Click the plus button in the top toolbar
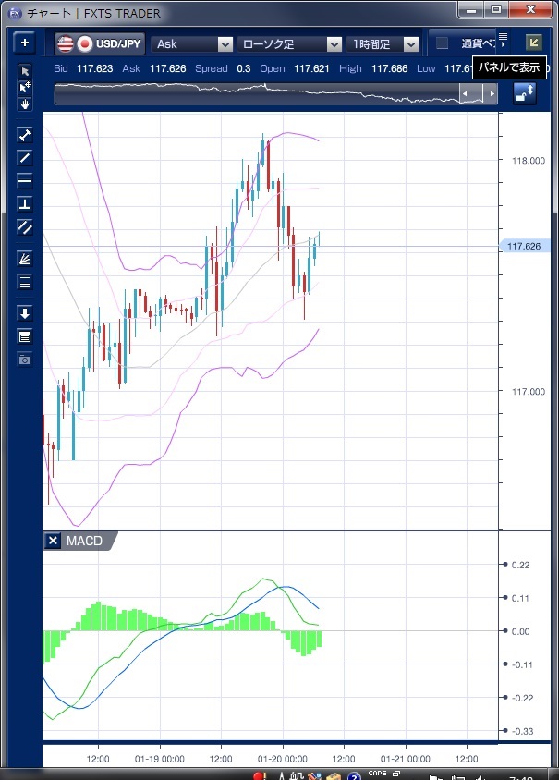click(x=25, y=43)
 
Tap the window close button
click(x=532, y=9)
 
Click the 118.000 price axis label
click(x=528, y=161)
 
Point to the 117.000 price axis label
click(x=528, y=392)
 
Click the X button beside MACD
click(x=53, y=541)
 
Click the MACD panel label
click(x=84, y=541)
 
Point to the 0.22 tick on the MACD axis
click(x=520, y=565)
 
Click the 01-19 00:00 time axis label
click(x=159, y=758)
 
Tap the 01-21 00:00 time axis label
click(x=407, y=758)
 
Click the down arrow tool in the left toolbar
click(x=25, y=313)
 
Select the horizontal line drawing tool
click(x=25, y=180)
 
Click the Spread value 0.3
click(x=244, y=68)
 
